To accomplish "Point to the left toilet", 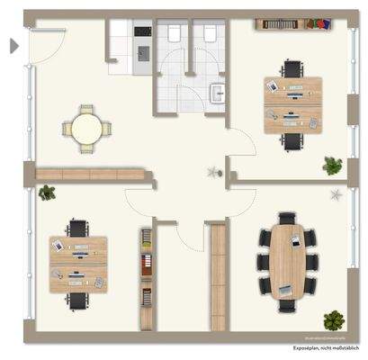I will tap(174, 34).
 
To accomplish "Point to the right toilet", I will tap(209, 34).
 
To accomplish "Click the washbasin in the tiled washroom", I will tap(216, 92).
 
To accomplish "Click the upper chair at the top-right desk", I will tap(292, 69).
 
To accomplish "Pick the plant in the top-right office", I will tap(333, 165).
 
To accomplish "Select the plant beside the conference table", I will tap(334, 319).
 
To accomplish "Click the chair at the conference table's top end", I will tap(287, 219).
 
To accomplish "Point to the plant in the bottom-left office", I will tap(47, 192).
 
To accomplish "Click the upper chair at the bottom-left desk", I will tap(79, 229).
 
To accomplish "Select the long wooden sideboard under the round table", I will tap(92, 171).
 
